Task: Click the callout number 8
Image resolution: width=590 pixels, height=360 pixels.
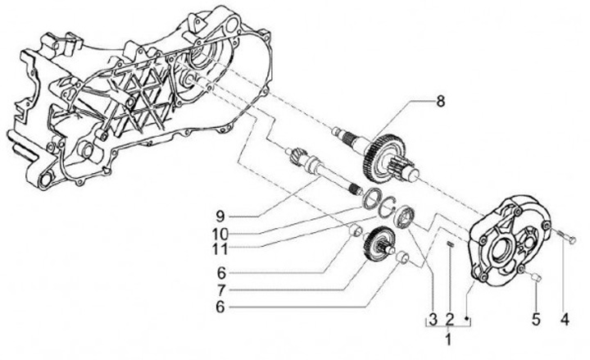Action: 440,103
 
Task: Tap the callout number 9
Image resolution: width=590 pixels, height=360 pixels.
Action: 221,216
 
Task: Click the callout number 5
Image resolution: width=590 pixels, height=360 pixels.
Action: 536,317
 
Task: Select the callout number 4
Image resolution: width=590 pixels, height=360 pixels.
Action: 565,317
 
